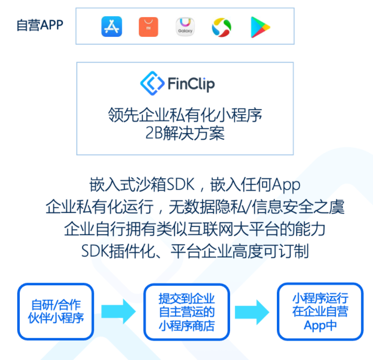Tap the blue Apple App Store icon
111,26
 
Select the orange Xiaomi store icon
148,26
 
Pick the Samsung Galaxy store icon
185,26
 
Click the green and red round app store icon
221,27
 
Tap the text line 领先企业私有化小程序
185,114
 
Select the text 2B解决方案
185,133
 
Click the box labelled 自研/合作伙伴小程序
56,311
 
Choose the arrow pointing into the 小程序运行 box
252,312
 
